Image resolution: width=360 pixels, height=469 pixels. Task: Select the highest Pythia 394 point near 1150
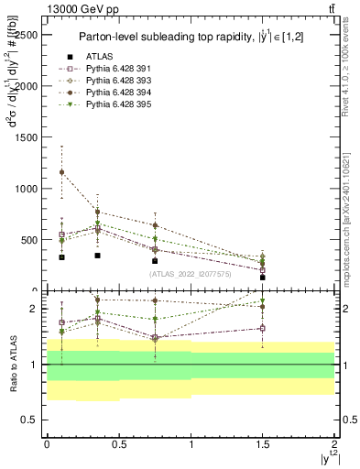[61, 172]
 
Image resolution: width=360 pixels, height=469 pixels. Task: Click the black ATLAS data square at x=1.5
[263, 277]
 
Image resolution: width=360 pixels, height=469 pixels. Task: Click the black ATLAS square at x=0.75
[155, 261]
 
